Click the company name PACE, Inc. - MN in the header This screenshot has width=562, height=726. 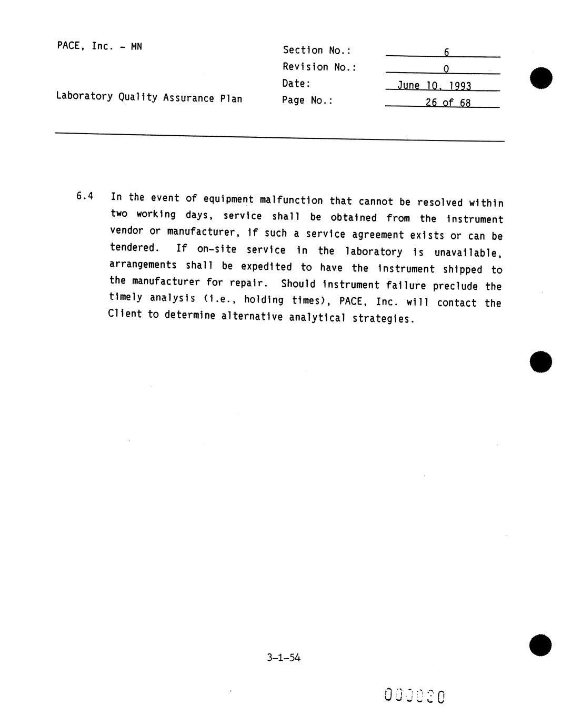pos(99,46)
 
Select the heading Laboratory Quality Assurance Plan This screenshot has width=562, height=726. pos(149,97)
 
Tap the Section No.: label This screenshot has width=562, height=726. pos(317,51)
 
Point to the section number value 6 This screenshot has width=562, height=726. pos(446,52)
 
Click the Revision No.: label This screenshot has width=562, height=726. pos(319,67)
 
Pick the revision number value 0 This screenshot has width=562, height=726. pos(446,69)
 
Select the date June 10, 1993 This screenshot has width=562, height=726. pos(434,86)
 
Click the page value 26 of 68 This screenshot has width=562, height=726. pos(448,103)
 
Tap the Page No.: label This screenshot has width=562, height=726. pos(307,100)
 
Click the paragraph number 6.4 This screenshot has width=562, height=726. pos(85,196)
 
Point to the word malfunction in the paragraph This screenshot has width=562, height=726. pos(291,200)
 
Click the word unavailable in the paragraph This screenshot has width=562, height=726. pos(468,253)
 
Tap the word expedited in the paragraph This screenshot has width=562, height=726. pos(266,267)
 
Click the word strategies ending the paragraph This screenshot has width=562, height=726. pos(383,318)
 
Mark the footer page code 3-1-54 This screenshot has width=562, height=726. pos(284,657)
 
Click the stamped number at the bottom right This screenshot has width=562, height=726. pos(415,696)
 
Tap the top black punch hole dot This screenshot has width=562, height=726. pos(541,78)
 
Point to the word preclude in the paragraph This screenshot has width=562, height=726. pos(455,286)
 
